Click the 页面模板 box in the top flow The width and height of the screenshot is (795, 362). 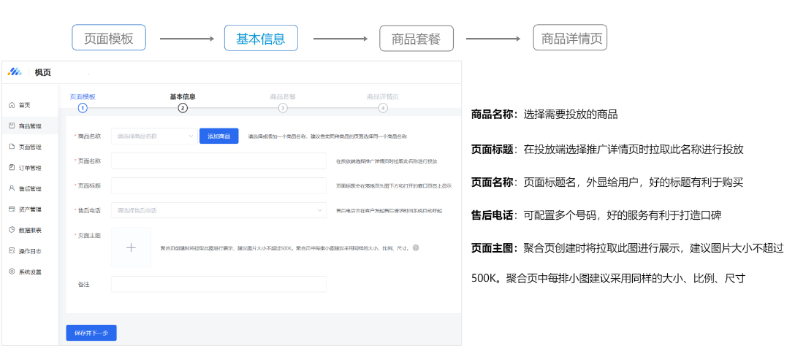[x=109, y=38]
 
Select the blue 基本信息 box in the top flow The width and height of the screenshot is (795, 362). [x=261, y=38]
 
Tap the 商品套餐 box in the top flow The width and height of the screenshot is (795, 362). [x=416, y=39]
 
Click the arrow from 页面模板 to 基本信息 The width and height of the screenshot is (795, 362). [x=186, y=39]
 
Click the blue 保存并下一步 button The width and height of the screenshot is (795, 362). [x=91, y=333]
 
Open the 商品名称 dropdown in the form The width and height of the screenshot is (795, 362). [x=153, y=136]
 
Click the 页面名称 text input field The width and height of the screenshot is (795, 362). [x=218, y=161]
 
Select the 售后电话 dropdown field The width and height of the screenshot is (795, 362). [x=218, y=211]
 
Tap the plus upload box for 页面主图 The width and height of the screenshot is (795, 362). [x=131, y=247]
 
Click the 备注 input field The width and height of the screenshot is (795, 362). [x=218, y=284]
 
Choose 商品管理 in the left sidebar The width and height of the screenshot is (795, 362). [x=30, y=126]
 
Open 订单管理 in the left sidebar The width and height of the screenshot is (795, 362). [x=30, y=167]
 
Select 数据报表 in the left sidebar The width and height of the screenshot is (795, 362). [x=30, y=230]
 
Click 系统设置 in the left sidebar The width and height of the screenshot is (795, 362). [x=30, y=271]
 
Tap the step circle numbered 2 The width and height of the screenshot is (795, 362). [x=183, y=108]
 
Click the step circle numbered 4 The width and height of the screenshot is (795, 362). [x=383, y=108]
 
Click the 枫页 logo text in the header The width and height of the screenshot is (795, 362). [x=43, y=72]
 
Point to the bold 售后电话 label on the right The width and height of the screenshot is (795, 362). [x=493, y=215]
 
